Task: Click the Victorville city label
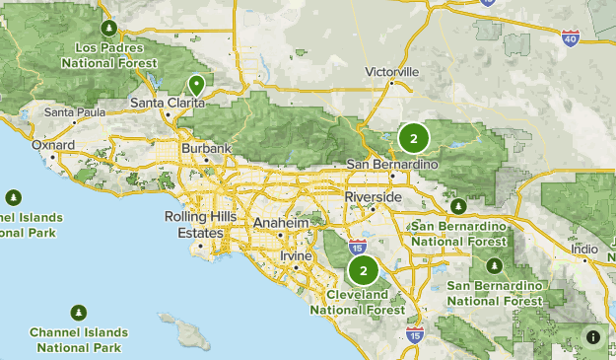[391, 72]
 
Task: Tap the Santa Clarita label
[168, 103]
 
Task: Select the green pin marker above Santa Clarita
[197, 86]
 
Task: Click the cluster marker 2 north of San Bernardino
[414, 138]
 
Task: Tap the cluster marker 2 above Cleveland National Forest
[365, 270]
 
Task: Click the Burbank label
[205, 149]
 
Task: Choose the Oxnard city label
[53, 146]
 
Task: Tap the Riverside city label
[373, 197]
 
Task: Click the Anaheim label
[281, 224]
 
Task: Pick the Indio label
[584, 250]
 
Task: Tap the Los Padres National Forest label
[108, 54]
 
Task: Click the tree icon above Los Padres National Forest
[109, 27]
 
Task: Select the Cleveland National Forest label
[357, 302]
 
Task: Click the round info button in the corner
[593, 337]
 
